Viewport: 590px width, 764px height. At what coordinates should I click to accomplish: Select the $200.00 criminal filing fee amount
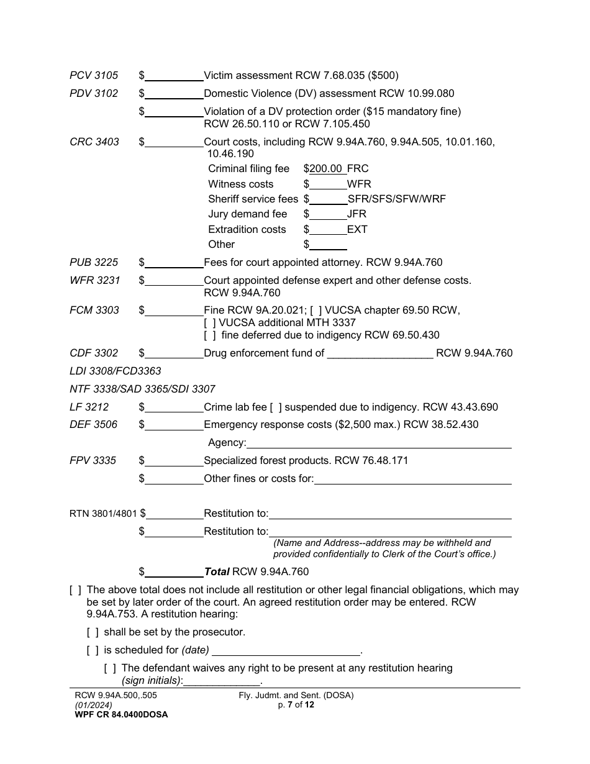(x=325, y=168)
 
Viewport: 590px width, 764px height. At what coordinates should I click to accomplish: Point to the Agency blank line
(x=379, y=443)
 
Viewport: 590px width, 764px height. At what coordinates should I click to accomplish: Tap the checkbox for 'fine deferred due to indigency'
(x=210, y=335)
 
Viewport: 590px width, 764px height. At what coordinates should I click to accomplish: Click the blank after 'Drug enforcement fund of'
(x=379, y=353)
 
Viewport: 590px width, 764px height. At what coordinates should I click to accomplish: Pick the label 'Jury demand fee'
(x=248, y=214)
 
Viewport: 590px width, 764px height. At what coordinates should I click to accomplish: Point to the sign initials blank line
(x=222, y=681)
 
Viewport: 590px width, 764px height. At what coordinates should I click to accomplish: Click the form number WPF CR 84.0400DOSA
(x=121, y=714)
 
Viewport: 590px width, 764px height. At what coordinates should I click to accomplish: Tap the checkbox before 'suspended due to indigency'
(x=276, y=407)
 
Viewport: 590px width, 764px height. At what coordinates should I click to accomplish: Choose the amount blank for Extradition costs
(x=328, y=229)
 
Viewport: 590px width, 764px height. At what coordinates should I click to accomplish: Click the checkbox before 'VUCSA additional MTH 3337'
(x=210, y=322)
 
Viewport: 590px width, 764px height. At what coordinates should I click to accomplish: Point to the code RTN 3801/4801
(x=103, y=514)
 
